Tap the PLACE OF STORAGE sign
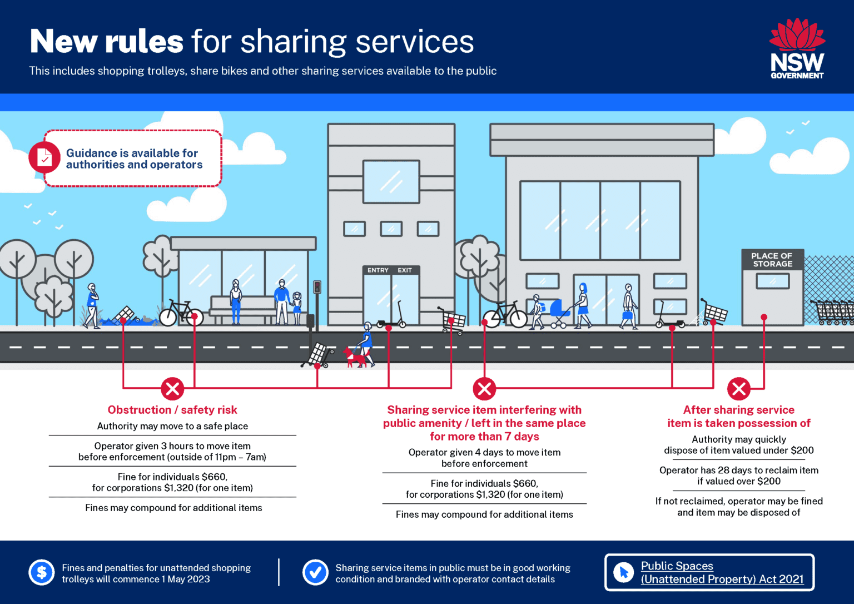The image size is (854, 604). pyautogui.click(x=772, y=260)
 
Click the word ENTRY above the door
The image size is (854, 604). pyautogui.click(x=378, y=270)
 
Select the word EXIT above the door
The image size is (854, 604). pyautogui.click(x=405, y=270)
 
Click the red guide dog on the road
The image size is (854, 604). pyautogui.click(x=354, y=357)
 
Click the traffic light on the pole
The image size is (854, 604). pyautogui.click(x=317, y=287)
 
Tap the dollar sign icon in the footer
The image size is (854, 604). pyautogui.click(x=42, y=572)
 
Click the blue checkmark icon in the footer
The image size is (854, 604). pyautogui.click(x=315, y=572)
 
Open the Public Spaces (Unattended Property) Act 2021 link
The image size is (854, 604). pyautogui.click(x=722, y=572)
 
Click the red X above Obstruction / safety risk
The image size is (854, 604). pyautogui.click(x=172, y=389)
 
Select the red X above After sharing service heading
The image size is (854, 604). pyautogui.click(x=738, y=389)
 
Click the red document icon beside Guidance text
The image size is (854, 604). pyautogui.click(x=44, y=157)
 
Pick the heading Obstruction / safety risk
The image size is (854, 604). pyautogui.click(x=172, y=409)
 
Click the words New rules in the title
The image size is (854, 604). pyautogui.click(x=107, y=41)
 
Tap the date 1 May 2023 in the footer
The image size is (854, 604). pyautogui.click(x=186, y=579)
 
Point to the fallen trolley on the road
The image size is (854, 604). pyautogui.click(x=317, y=355)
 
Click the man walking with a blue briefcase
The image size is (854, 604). pyautogui.click(x=628, y=306)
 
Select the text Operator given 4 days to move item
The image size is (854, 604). pyautogui.click(x=484, y=452)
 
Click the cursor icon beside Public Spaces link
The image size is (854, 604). pyautogui.click(x=624, y=572)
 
